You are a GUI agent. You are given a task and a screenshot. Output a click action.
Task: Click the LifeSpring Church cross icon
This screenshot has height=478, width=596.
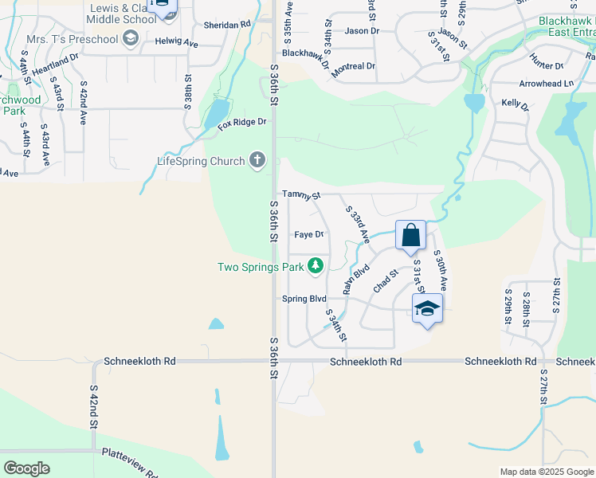(x=257, y=162)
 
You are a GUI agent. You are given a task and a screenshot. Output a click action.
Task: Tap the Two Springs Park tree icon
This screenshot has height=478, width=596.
(x=316, y=266)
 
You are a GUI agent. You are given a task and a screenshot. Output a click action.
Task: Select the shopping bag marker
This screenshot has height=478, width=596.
(x=411, y=236)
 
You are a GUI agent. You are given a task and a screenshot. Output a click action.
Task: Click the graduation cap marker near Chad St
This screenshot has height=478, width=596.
(x=427, y=309)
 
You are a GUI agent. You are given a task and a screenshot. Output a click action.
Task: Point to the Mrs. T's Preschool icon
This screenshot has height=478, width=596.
(x=131, y=38)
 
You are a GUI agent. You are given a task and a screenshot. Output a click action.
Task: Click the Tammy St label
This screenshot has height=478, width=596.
(x=301, y=194)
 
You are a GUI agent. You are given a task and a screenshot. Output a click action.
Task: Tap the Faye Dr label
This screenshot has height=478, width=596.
(x=308, y=235)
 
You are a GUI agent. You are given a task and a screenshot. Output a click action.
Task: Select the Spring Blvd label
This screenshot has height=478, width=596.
(x=304, y=299)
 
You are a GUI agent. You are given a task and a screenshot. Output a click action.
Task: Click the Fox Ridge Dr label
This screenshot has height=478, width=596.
(x=241, y=123)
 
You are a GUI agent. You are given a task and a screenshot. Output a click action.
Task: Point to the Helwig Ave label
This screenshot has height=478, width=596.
(x=176, y=41)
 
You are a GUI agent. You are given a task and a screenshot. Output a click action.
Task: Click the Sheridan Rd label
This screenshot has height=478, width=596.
(x=226, y=25)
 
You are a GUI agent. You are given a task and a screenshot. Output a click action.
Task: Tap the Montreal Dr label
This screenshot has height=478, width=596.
(x=353, y=66)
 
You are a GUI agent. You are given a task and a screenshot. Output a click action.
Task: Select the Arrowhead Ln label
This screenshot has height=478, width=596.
(x=546, y=83)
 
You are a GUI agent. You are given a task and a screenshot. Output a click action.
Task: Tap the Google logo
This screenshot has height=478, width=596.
(x=27, y=468)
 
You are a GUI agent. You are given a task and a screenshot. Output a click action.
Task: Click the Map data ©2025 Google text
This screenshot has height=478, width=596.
(x=547, y=472)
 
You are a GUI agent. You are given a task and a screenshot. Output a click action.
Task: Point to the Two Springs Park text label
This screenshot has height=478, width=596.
(x=260, y=267)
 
